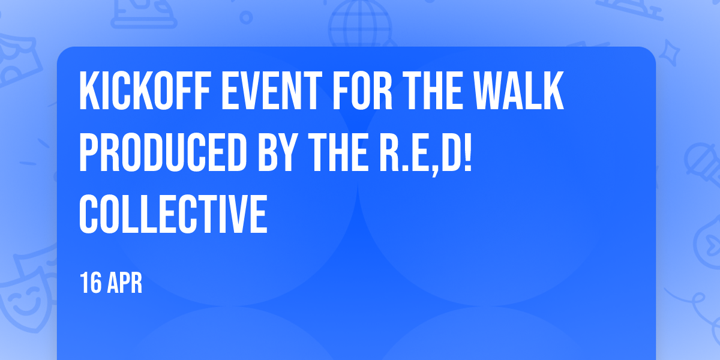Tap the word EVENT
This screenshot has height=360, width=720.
[x=272, y=91]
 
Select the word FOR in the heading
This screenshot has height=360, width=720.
[x=362, y=91]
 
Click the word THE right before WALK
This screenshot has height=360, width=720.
[x=433, y=91]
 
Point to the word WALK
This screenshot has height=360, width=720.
[x=519, y=91]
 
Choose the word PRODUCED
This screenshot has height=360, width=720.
[x=163, y=152]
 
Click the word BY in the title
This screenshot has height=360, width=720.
[x=278, y=152]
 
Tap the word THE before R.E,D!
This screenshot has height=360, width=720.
[x=338, y=152]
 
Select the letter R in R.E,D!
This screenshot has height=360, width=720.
[x=389, y=152]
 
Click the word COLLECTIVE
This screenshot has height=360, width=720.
[x=173, y=214]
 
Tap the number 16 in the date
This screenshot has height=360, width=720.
[x=91, y=283]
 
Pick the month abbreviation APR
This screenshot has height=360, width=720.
[x=125, y=283]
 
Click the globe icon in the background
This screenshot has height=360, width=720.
[x=359, y=24]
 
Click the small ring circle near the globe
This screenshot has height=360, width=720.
[x=246, y=17]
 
